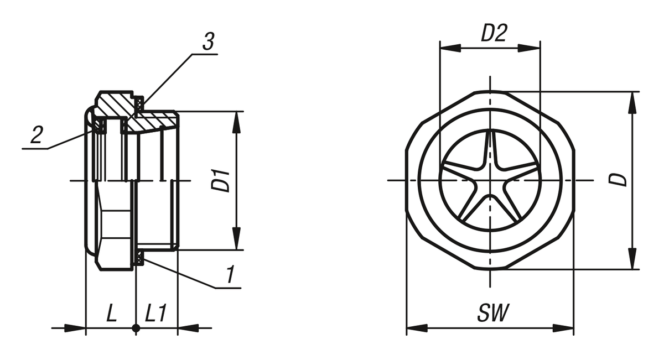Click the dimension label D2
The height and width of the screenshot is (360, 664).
(494, 33)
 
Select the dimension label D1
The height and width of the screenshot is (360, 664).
(221, 180)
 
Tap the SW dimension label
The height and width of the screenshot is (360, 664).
(493, 313)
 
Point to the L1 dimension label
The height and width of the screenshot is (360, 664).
(156, 313)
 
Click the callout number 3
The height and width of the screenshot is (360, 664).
(209, 41)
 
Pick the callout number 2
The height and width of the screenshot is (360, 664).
(37, 134)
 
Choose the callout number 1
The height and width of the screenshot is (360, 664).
(230, 274)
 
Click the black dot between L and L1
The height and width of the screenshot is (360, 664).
(136, 328)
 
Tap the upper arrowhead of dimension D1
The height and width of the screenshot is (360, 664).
(236, 123)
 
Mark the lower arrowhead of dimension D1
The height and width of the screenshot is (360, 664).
(236, 238)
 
